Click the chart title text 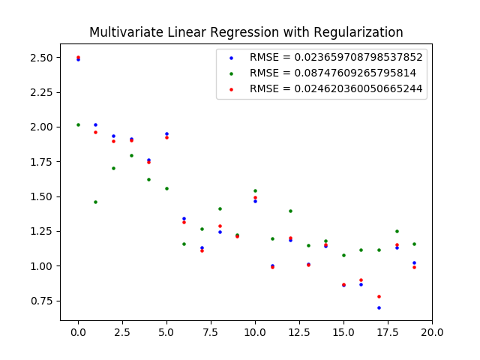(x=246, y=32)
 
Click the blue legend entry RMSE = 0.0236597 (x=336, y=57)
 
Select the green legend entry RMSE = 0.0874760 (x=333, y=73)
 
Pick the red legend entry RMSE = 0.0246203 (x=336, y=88)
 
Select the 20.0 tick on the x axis (x=432, y=331)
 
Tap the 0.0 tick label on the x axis (x=78, y=331)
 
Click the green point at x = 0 (x=78, y=124)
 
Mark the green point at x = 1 (x=95, y=202)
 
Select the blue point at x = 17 (x=379, y=307)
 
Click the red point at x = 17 (x=379, y=296)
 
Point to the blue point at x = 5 (x=166, y=133)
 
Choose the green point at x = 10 (x=255, y=190)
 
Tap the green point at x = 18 (x=397, y=231)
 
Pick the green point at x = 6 (x=184, y=244)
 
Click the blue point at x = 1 (x=95, y=124)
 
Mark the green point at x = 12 (x=290, y=211)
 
